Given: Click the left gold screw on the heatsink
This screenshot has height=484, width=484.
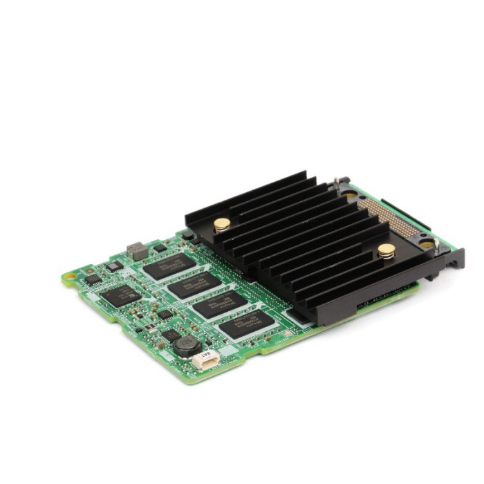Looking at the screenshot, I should click(222, 224).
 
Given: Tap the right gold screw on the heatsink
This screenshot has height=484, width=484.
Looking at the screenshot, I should click(386, 250).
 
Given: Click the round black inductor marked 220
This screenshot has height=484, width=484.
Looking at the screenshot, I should click(185, 344).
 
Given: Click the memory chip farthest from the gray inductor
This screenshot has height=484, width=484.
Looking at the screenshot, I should click(248, 323).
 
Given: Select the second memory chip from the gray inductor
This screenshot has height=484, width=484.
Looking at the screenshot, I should click(196, 285).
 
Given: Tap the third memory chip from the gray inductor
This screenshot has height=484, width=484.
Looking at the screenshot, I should click(221, 304).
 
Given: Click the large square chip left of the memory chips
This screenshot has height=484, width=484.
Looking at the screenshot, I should click(121, 295).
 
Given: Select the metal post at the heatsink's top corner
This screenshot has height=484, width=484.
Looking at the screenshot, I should click(337, 183).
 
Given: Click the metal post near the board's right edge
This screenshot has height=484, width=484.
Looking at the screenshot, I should click(427, 243).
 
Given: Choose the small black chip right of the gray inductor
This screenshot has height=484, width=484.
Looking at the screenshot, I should click(160, 248).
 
